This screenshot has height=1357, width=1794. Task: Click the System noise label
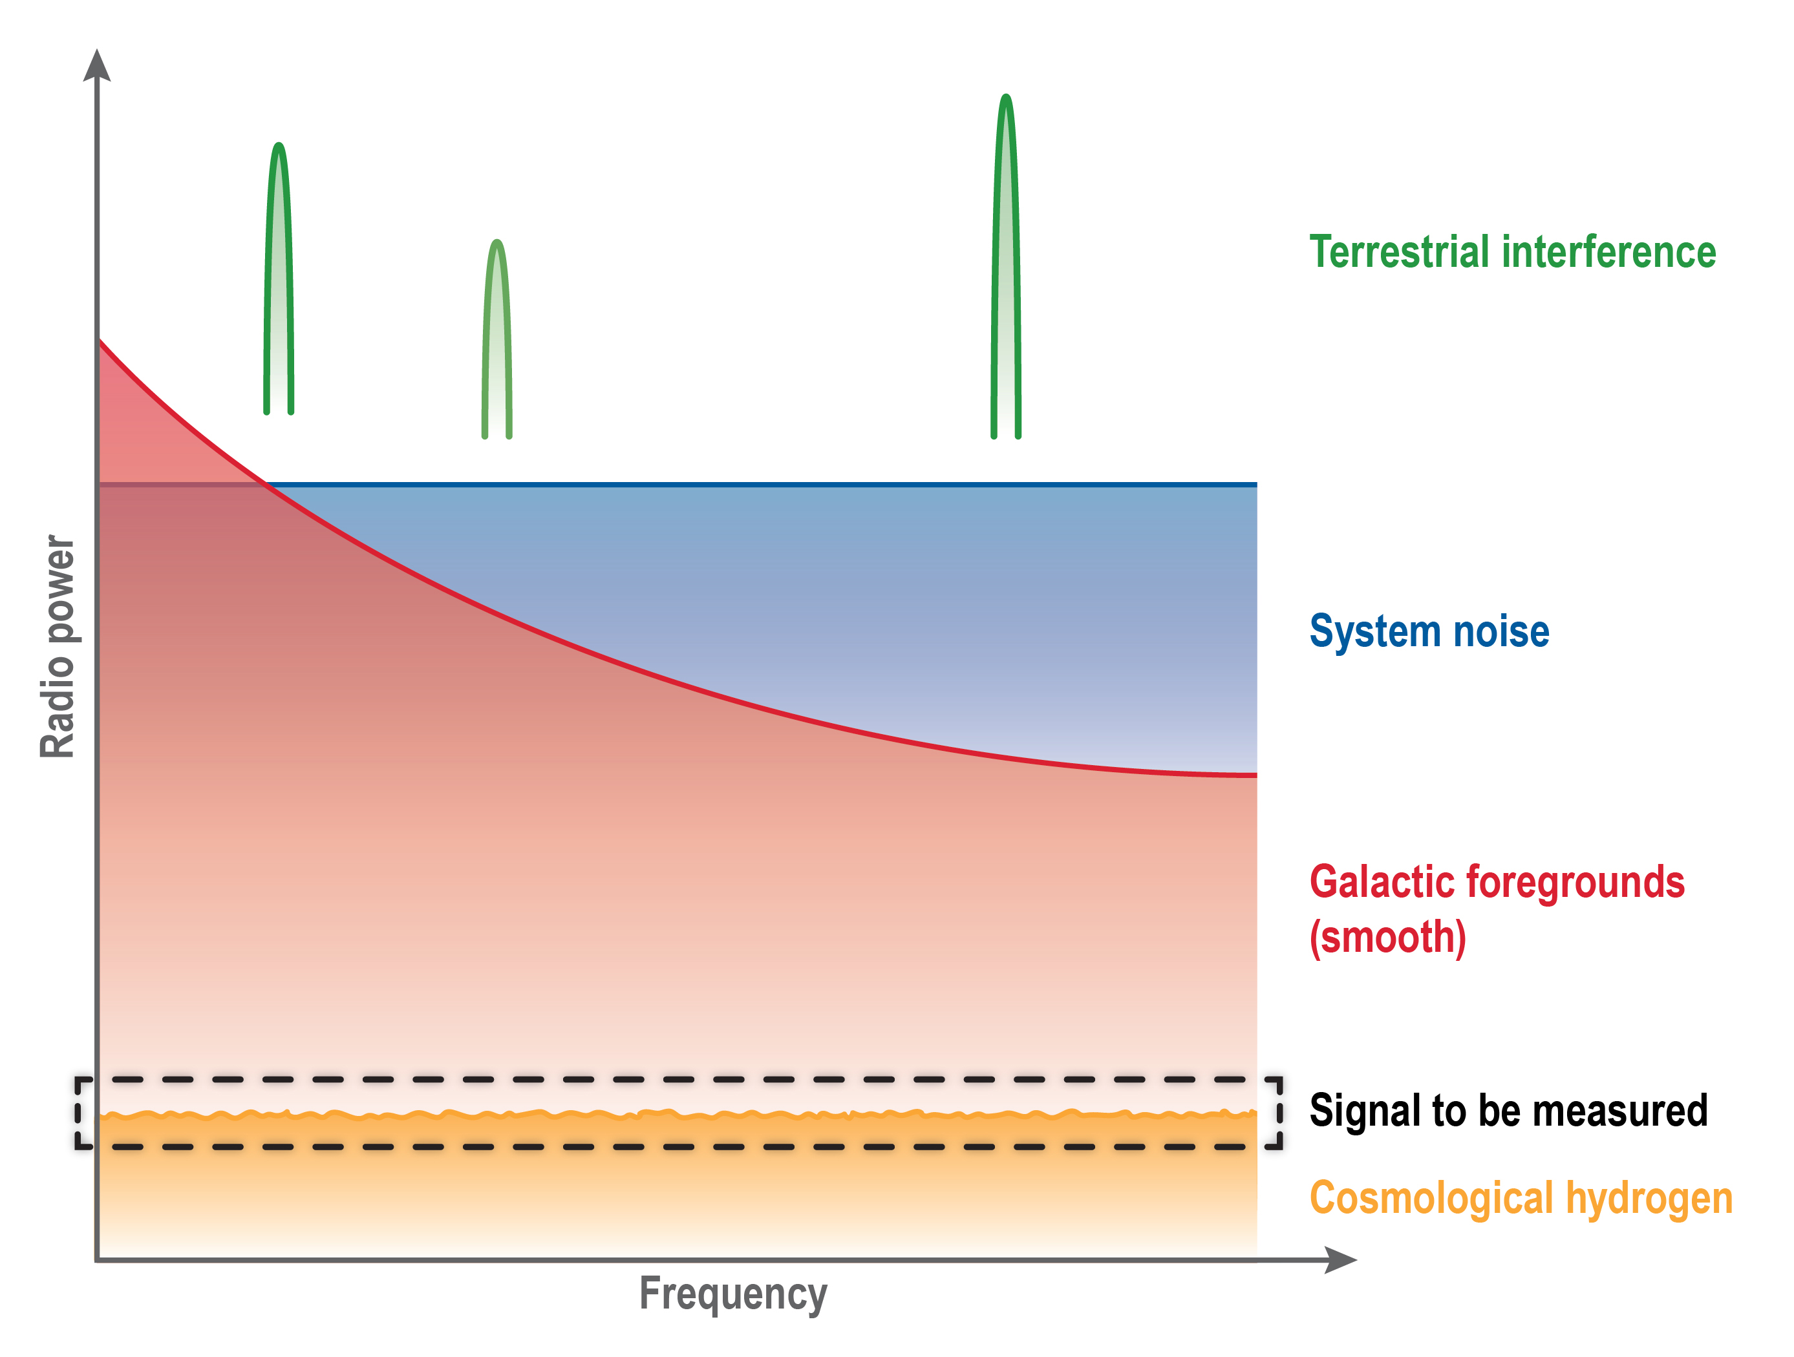pos(1429,631)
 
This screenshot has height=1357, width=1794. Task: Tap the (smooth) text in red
pos(1387,937)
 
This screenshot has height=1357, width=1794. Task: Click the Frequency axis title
pos(733,1294)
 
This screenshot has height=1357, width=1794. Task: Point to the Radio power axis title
pos(58,646)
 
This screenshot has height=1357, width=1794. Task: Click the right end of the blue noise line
pos(1256,485)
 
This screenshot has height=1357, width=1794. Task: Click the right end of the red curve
pos(1256,776)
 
